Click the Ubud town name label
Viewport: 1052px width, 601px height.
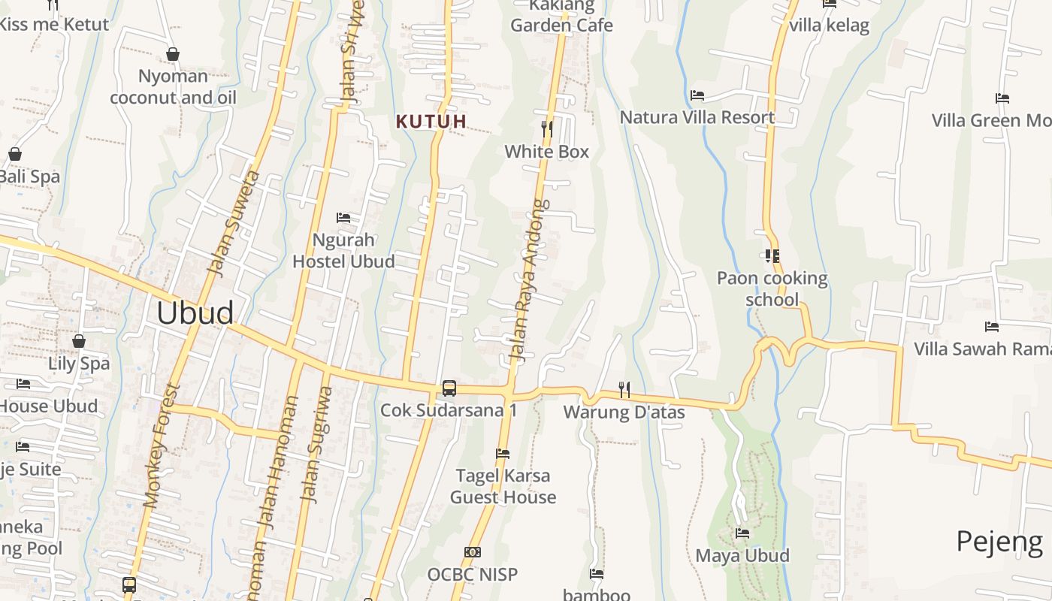[195, 313]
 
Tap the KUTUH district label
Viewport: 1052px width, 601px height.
[431, 121]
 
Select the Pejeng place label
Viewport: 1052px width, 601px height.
[999, 541]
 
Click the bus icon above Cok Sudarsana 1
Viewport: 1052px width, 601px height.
[449, 388]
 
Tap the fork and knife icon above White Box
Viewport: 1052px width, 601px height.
[547, 129]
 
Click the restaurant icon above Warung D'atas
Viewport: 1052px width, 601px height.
[624, 389]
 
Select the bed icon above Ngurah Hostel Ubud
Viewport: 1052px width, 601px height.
[343, 218]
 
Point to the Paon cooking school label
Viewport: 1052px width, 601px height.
[772, 288]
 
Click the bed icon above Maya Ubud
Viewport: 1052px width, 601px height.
[742, 533]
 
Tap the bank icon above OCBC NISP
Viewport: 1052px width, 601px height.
[472, 552]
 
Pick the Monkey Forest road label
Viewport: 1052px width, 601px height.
[163, 447]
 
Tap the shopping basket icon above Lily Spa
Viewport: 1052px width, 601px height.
[79, 342]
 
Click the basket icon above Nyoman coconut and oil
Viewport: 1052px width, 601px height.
[173, 54]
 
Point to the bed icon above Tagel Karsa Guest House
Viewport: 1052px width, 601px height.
[503, 454]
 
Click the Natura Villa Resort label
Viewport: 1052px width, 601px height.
[697, 117]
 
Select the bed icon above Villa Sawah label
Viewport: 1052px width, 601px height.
[992, 327]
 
